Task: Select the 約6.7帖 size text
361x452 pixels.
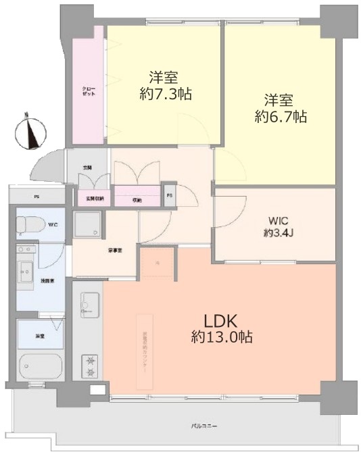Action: point(281,117)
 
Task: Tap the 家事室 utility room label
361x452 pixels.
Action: point(95,250)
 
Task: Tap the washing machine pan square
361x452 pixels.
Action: point(87,224)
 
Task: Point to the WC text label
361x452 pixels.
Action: point(52,224)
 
